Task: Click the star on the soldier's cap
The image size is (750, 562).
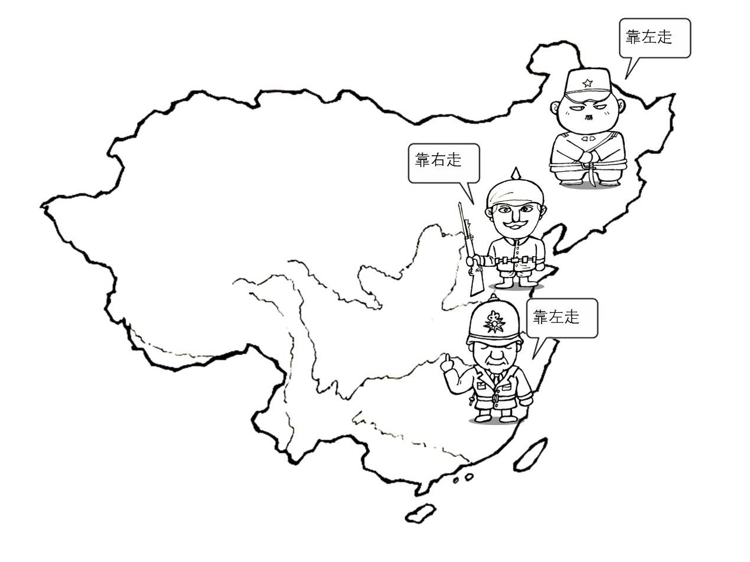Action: [x=587, y=83]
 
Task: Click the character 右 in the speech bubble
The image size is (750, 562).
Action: [x=438, y=160]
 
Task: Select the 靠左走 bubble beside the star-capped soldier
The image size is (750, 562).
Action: [x=654, y=38]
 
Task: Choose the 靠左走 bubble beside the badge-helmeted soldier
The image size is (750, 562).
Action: [x=562, y=318]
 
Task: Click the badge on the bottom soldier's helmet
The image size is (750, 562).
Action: [x=494, y=322]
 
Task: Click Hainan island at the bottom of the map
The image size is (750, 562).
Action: [x=420, y=512]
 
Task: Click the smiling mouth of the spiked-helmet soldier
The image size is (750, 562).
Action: [x=514, y=225]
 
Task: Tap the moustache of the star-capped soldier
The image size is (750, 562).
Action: [x=587, y=116]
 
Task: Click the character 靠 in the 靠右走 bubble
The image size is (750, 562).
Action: [x=422, y=160]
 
